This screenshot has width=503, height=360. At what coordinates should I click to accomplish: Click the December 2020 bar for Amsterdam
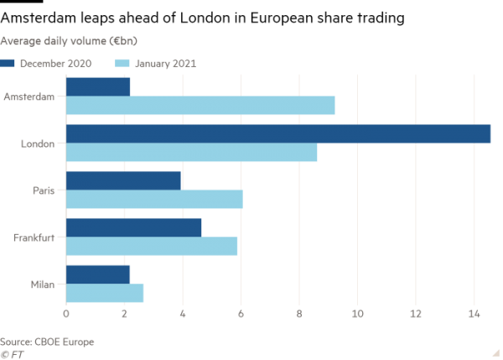point(98,86)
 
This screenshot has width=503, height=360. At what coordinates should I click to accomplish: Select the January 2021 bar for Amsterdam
point(200,106)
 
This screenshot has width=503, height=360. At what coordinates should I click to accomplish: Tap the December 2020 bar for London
point(277,133)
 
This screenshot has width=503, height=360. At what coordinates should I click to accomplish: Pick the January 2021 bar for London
point(191,153)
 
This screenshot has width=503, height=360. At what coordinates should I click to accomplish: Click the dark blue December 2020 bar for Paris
point(123,180)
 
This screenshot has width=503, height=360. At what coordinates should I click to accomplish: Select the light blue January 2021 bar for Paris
point(154,200)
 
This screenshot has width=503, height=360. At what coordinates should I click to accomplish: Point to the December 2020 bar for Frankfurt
point(133,227)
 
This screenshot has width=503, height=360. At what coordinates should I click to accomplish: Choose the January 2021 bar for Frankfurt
point(152,247)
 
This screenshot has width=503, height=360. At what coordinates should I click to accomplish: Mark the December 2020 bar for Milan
point(98,274)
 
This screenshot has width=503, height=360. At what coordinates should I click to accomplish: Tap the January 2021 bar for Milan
point(105,294)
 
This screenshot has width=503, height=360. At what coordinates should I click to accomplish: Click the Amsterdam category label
point(29,97)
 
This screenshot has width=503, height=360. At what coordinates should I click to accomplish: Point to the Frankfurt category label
point(34,237)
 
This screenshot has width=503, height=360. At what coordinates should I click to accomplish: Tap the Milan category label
point(42,284)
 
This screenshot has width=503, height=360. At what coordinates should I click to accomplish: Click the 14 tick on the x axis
point(474,315)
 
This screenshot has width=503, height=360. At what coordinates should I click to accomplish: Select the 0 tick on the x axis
point(66,315)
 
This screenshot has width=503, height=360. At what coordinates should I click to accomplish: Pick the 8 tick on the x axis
point(299,315)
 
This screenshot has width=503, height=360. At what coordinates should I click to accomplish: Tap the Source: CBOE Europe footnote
point(47,342)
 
